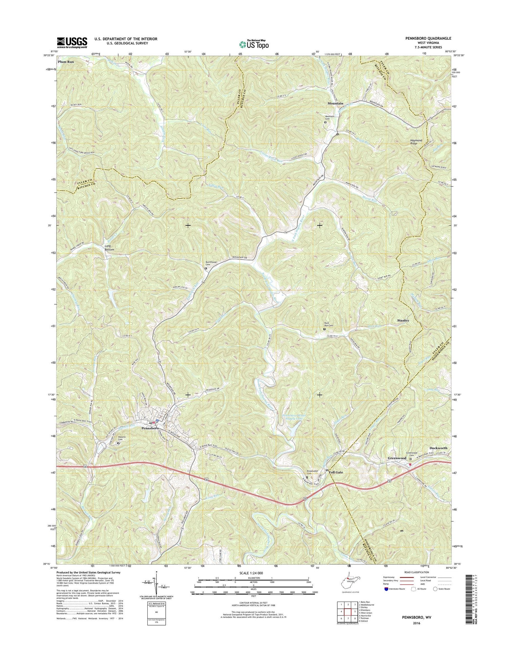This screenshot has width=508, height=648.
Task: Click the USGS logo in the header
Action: (x=72, y=43)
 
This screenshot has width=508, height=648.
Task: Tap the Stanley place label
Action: (x=403, y=320)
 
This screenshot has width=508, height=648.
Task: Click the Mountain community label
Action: (x=335, y=103)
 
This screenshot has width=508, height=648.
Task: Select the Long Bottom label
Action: (x=109, y=248)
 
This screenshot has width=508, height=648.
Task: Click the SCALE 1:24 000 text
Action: (x=253, y=573)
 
